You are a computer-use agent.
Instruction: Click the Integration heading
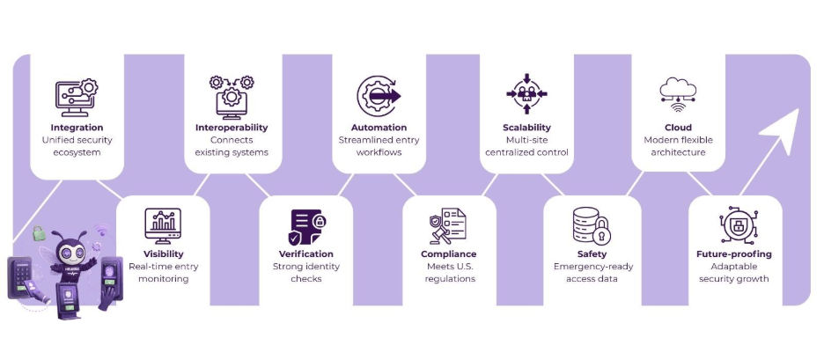(x=77, y=127)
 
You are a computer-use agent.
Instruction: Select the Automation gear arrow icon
(x=379, y=95)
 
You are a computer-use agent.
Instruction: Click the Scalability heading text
(x=526, y=127)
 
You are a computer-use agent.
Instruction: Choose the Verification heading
(x=305, y=254)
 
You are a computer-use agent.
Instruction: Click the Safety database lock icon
(x=591, y=227)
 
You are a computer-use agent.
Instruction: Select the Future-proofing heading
(x=733, y=254)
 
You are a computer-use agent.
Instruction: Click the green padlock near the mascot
(x=39, y=233)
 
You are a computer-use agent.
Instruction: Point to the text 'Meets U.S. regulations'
(x=449, y=272)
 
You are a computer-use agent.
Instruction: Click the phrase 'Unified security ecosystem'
(x=77, y=145)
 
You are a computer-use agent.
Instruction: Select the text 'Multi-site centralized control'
(x=526, y=145)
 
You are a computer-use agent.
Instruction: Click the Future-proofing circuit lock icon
(x=733, y=227)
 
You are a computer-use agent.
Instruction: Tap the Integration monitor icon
(x=77, y=95)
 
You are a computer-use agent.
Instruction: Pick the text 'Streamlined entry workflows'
(x=379, y=145)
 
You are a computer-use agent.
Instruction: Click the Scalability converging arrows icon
(x=526, y=94)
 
